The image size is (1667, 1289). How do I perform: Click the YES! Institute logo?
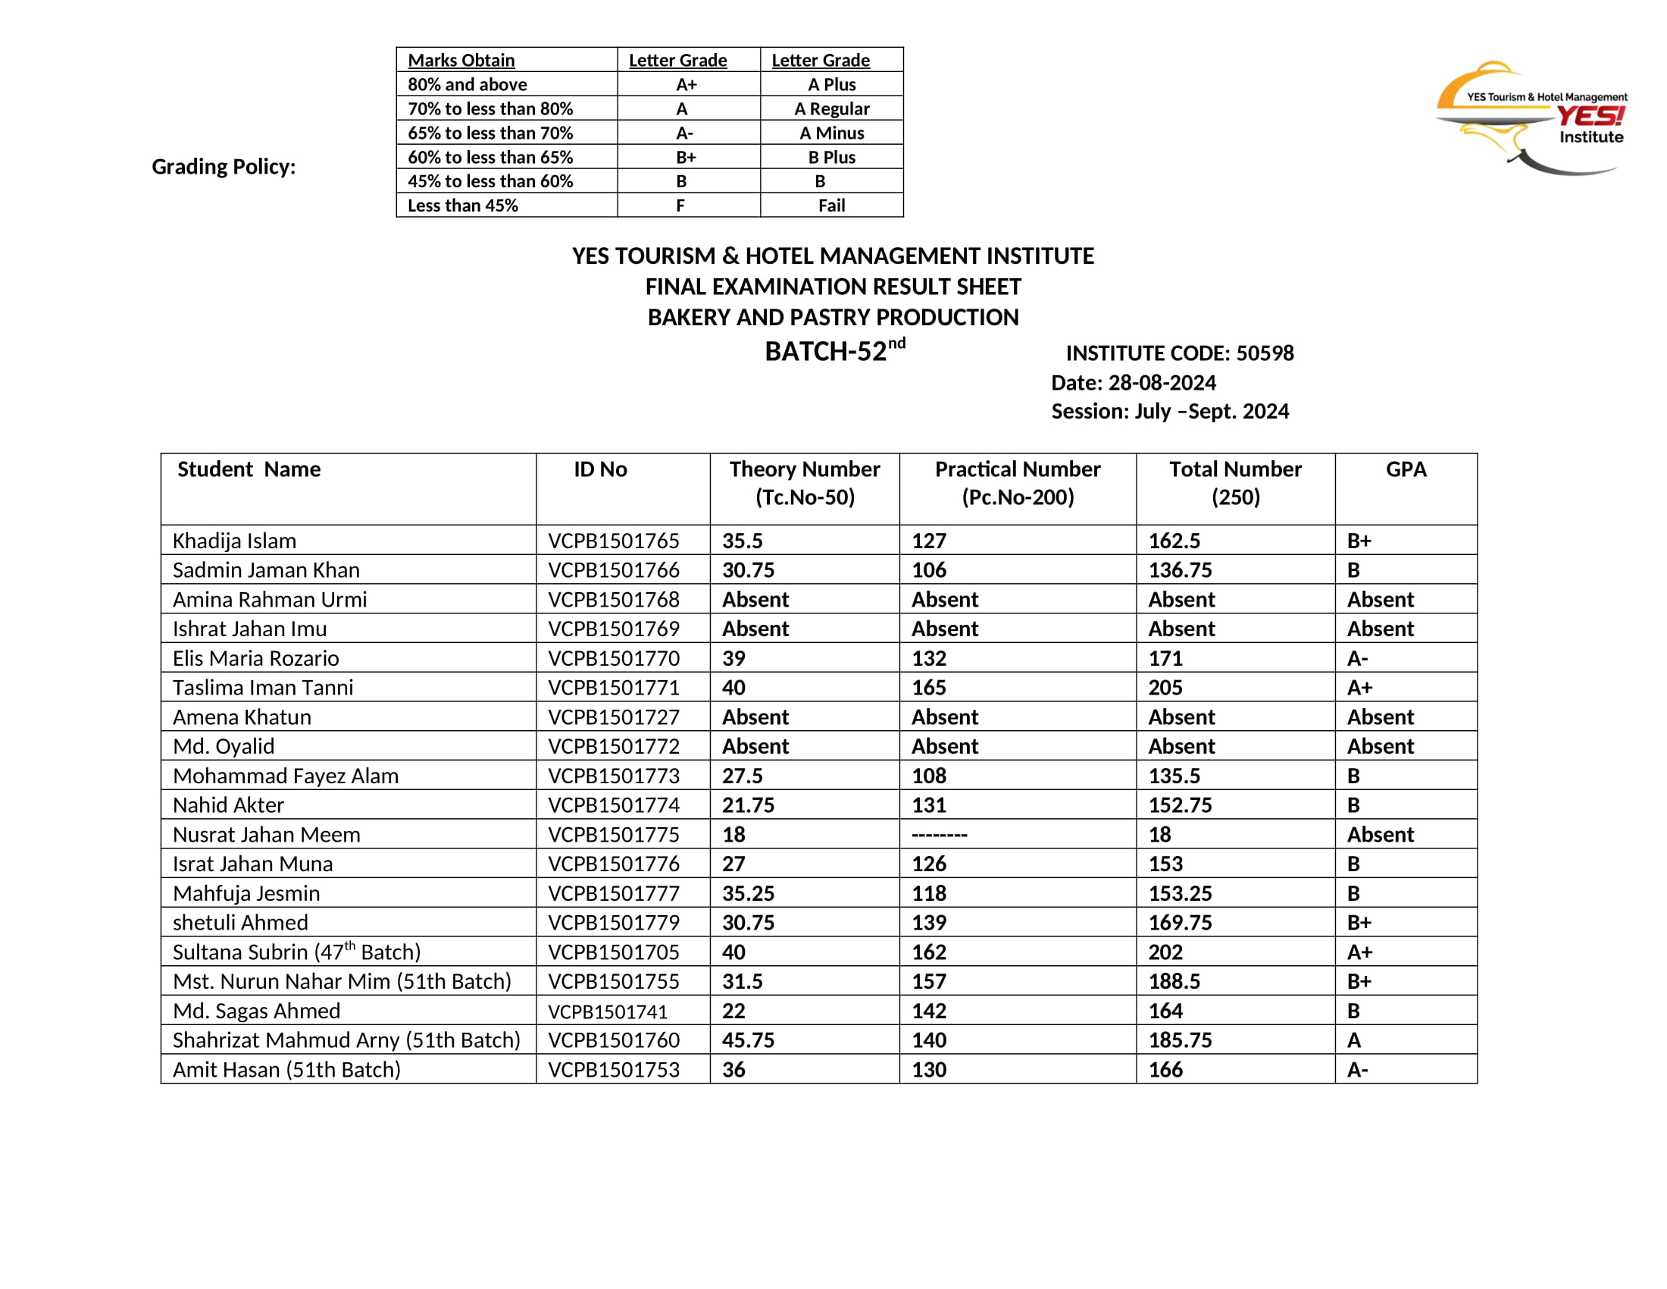1531,118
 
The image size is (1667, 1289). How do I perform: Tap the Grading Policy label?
224,167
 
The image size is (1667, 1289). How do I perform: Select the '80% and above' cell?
467,84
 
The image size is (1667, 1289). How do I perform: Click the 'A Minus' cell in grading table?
831,133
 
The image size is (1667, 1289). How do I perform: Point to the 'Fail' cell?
831,205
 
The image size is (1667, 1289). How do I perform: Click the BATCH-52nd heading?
834,350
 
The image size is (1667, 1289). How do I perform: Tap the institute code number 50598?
1265,353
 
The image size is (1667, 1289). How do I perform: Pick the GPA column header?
1405,469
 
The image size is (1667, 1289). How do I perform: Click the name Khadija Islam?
234,541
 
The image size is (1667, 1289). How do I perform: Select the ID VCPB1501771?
614,687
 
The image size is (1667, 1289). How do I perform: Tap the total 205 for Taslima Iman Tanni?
1165,687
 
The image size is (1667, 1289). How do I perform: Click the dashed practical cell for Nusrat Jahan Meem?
940,835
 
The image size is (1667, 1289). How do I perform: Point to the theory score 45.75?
748,1040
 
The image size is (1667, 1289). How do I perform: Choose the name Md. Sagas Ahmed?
256,1011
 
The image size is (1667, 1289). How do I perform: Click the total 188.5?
1174,981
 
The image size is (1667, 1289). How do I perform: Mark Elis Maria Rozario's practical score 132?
929,658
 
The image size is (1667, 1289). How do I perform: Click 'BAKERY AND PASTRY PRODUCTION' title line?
833,317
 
